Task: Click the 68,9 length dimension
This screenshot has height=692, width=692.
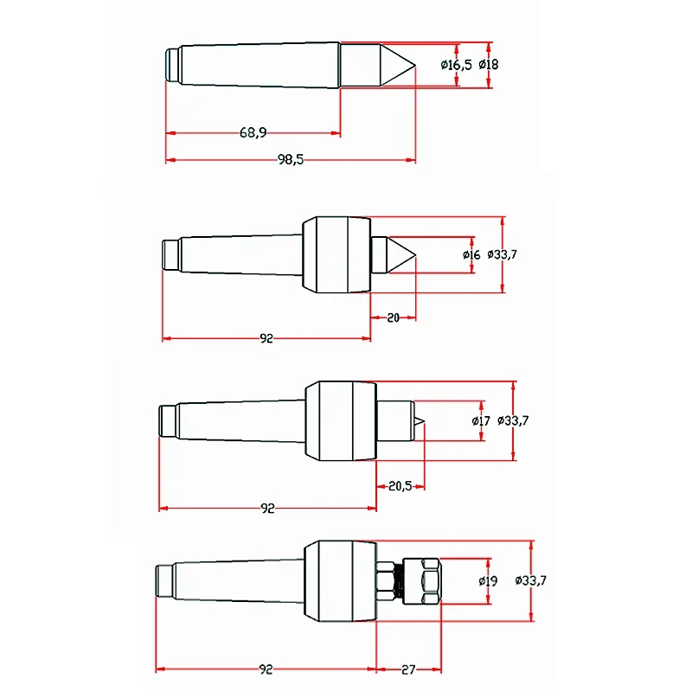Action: point(253,132)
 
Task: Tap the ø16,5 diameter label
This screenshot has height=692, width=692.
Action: point(456,64)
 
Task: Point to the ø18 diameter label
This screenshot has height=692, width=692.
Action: point(488,64)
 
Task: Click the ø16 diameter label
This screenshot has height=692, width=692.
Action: point(471,254)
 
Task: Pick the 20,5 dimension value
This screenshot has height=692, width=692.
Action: point(400,486)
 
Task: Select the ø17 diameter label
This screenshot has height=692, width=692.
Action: point(482,421)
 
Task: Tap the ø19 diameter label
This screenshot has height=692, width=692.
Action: point(488,581)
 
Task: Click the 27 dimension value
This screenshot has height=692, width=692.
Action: point(409,669)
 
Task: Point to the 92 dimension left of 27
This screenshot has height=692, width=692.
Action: point(266,669)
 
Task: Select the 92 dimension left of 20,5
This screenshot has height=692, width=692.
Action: point(266,509)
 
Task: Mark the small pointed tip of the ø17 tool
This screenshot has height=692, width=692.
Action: point(419,421)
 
